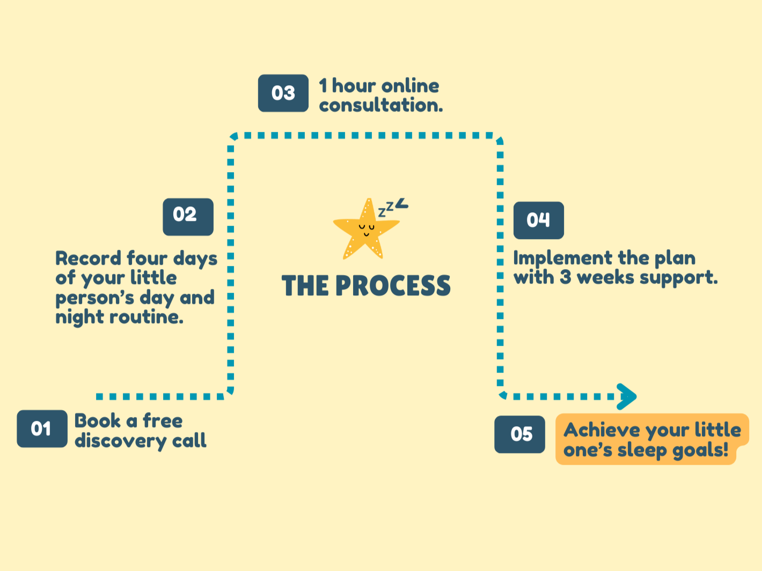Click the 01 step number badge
pos(42,428)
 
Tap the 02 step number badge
pos(188,217)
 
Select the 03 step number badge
pos(283,93)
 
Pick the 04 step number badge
pos(538,220)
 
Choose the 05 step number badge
pos(519,434)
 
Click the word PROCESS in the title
pos(393,286)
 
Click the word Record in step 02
pos(88,258)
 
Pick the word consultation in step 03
pos(380,105)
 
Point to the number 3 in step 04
pos(565,278)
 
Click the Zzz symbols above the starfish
pos(393,206)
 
